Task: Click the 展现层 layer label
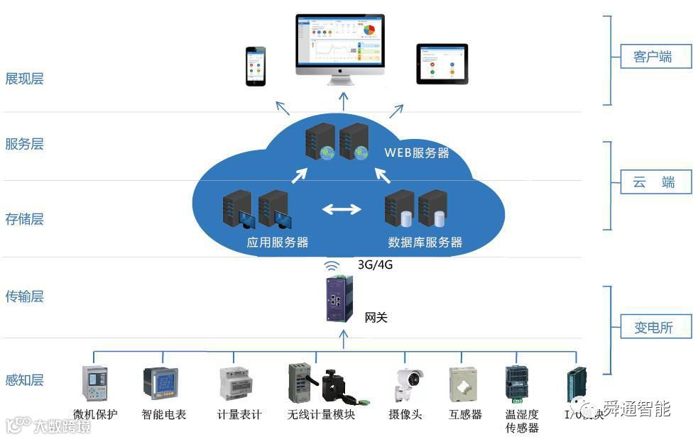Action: (25, 79)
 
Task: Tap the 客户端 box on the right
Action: (652, 57)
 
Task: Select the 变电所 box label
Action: (653, 328)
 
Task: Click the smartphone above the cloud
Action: (256, 66)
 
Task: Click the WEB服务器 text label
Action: (417, 152)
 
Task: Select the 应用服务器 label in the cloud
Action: (277, 242)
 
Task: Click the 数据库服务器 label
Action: (425, 242)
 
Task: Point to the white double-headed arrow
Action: (342, 209)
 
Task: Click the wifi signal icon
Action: (332, 266)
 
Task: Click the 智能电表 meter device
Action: (161, 384)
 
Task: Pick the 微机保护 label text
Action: (95, 415)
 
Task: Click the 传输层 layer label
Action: (25, 296)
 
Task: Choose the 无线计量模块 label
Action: (321, 415)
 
